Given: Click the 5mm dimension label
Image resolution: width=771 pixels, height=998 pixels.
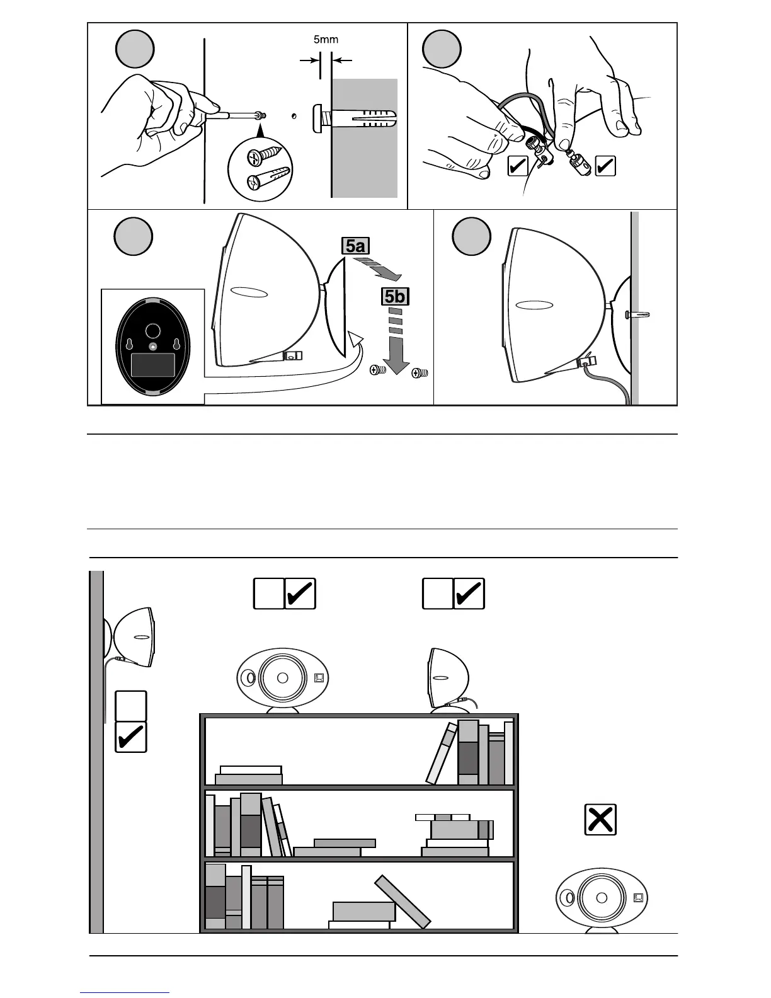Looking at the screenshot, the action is pyautogui.click(x=326, y=39).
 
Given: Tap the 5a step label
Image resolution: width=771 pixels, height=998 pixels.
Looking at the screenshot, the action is pyautogui.click(x=355, y=246).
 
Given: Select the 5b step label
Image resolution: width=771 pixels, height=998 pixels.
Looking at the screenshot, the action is pyautogui.click(x=394, y=295).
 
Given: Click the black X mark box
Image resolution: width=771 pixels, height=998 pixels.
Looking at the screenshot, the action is pyautogui.click(x=600, y=820).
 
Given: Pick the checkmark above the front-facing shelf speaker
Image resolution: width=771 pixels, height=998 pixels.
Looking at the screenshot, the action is pyautogui.click(x=300, y=594).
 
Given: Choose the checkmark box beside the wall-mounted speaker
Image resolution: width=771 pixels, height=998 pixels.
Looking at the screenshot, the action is pyautogui.click(x=131, y=737).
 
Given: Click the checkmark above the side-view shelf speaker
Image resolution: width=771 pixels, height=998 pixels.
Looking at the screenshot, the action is pyautogui.click(x=469, y=594).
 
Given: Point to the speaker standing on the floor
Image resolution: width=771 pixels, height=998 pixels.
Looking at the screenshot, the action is pyautogui.click(x=602, y=898).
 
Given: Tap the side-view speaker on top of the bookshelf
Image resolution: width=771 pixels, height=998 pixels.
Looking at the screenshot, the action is pyautogui.click(x=448, y=679).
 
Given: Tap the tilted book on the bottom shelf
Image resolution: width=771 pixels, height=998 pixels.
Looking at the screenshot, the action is pyautogui.click(x=403, y=901).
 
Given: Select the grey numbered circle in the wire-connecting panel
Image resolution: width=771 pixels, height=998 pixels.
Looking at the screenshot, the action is pyautogui.click(x=442, y=49).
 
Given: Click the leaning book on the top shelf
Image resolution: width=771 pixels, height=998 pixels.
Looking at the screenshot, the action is pyautogui.click(x=441, y=753).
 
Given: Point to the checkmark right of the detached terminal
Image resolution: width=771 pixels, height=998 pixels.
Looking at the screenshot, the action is pyautogui.click(x=605, y=166).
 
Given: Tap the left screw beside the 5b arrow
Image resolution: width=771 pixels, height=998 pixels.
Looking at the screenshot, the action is pyautogui.click(x=377, y=372).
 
